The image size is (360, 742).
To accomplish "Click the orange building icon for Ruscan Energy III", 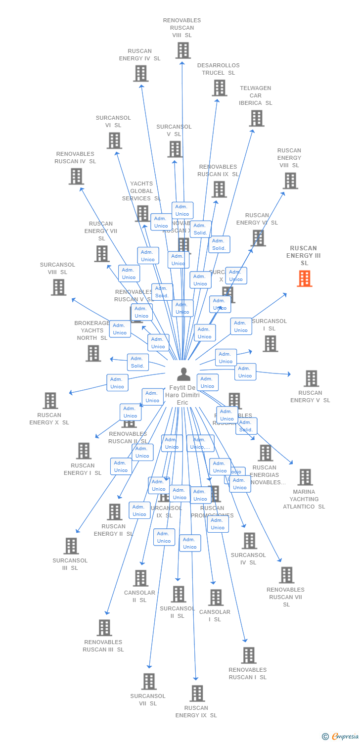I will click(305, 278).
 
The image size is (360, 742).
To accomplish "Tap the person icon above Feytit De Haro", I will click(183, 374).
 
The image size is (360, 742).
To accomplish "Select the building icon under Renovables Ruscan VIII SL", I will click(183, 50).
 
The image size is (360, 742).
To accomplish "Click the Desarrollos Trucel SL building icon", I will click(220, 88).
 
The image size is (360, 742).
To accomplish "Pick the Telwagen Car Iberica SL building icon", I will click(257, 118).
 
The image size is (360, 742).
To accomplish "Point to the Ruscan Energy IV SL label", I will click(139, 55).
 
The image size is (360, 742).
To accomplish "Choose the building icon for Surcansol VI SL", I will click(114, 140).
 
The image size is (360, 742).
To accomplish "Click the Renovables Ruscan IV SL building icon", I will click(76, 177).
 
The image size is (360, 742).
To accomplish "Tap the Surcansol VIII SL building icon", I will click(58, 287).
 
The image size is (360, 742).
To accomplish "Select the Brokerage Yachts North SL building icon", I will click(93, 353).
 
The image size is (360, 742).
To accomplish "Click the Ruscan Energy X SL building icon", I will click(50, 401).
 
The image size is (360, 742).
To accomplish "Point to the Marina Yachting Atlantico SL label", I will click(304, 499).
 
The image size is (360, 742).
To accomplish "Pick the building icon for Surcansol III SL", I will click(71, 546).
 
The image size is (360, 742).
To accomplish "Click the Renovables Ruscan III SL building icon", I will click(104, 628).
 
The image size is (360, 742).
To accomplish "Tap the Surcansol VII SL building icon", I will click(149, 681).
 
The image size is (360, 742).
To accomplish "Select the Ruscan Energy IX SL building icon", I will click(197, 694).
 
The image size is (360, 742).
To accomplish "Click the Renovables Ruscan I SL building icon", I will click(248, 655).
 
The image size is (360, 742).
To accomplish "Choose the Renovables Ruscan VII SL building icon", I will click(286, 575).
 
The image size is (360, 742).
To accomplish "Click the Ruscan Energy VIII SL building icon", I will click(290, 181).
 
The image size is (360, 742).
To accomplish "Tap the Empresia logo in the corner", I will click(341, 736).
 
